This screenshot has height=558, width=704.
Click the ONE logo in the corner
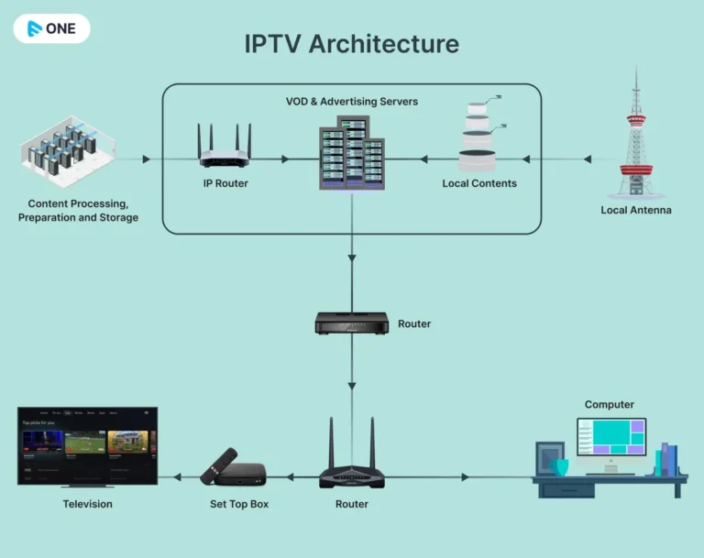(51, 28)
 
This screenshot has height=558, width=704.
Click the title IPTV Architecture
(351, 43)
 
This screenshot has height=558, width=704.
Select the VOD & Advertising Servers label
(352, 102)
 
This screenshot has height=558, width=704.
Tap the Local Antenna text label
(636, 210)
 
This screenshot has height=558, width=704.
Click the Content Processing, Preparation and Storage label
(78, 210)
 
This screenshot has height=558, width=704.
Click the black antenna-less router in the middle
(351, 323)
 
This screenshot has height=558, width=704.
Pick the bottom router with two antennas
(351, 463)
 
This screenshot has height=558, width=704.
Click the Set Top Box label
(239, 504)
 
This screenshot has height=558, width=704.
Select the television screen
(88, 445)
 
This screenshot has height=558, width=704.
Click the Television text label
(88, 504)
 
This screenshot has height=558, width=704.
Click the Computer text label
(610, 404)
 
